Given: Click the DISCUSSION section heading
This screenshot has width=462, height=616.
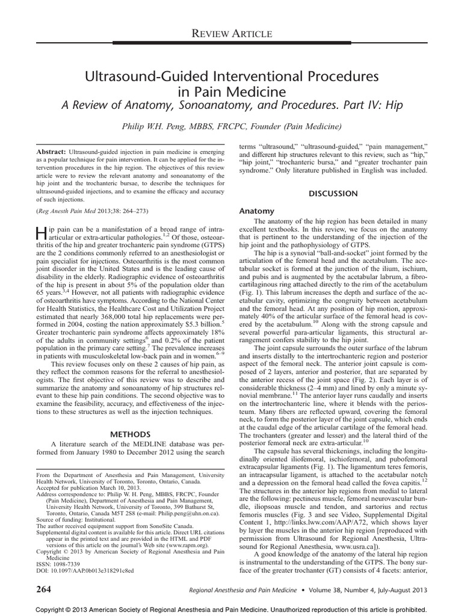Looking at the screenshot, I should [333, 194].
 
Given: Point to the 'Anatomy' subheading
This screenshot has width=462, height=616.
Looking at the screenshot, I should [257, 212].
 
